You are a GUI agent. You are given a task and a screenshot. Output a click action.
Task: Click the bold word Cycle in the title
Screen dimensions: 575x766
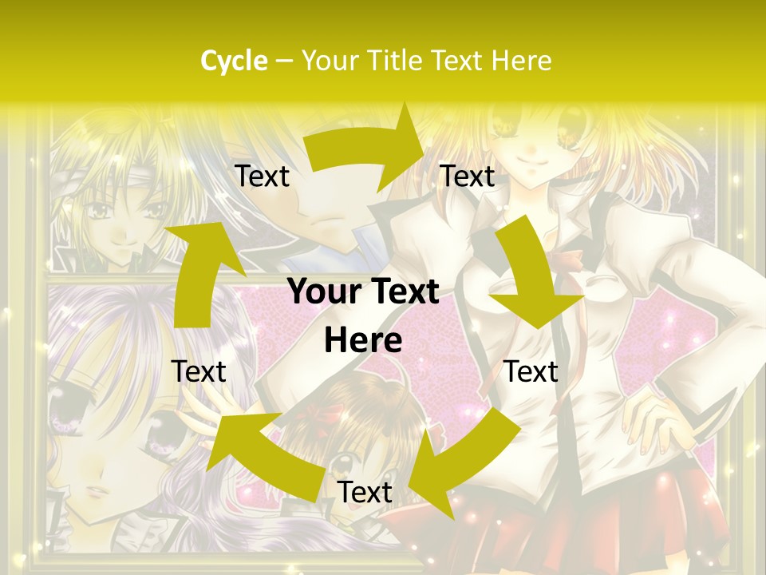tap(234, 61)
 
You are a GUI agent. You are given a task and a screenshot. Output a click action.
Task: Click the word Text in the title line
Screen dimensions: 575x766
tap(458, 61)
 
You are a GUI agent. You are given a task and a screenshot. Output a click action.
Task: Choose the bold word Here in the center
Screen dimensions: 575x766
tap(363, 341)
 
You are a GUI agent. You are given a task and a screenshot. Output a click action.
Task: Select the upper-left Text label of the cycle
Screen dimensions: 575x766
tap(262, 176)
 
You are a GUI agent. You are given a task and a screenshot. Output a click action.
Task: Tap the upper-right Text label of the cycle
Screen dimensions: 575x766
tap(468, 176)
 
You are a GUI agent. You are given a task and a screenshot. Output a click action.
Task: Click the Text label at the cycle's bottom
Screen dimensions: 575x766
tap(365, 493)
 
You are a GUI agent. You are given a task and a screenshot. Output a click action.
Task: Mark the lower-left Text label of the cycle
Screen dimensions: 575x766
tap(199, 371)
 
